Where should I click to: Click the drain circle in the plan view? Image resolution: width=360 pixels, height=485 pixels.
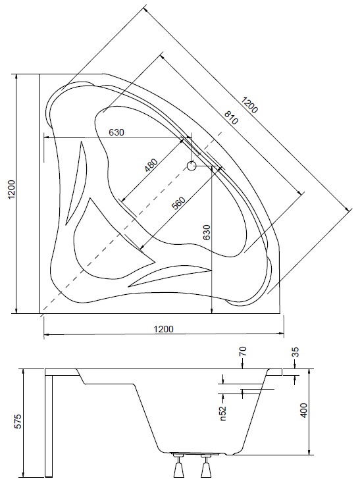[x=192, y=166]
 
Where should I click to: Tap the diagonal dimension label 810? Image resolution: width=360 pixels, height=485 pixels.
[x=231, y=118]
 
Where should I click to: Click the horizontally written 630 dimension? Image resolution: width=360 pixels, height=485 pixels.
[x=116, y=132]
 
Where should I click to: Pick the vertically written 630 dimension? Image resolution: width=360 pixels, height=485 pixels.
[x=206, y=232]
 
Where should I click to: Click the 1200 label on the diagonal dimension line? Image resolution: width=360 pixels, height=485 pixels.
[x=249, y=105]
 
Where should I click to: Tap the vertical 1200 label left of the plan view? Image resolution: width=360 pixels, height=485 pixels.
[x=11, y=190]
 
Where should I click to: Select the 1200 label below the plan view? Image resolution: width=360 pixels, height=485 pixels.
[x=164, y=329]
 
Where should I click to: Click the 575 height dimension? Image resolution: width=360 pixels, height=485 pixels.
[x=19, y=421]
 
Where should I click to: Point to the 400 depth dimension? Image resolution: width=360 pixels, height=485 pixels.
[x=303, y=410]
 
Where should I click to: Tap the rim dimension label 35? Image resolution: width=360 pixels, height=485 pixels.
[x=296, y=352]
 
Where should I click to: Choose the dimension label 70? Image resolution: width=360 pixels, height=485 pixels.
[x=243, y=351]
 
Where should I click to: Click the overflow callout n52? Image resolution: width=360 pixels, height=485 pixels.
[x=223, y=413]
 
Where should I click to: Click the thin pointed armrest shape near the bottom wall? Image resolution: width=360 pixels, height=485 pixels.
[x=170, y=276]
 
